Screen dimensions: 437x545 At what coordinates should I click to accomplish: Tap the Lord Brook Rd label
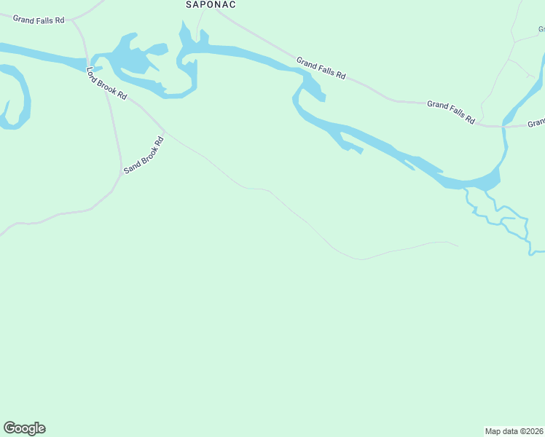[106, 83]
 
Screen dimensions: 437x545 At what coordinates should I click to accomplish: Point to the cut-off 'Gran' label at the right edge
[536, 123]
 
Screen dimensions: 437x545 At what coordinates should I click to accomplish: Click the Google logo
[24, 428]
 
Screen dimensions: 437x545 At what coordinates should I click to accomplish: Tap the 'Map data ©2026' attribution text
[514, 431]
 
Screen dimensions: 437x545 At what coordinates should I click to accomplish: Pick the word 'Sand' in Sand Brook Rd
[130, 167]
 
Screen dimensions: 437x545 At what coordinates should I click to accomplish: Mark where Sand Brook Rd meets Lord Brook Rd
[121, 173]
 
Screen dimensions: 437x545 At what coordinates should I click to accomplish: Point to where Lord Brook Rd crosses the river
[87, 60]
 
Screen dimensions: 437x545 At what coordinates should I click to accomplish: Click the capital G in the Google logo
[9, 428]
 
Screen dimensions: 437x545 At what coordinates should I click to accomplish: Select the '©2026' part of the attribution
[530, 431]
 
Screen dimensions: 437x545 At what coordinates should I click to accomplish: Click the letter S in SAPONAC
[189, 4]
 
